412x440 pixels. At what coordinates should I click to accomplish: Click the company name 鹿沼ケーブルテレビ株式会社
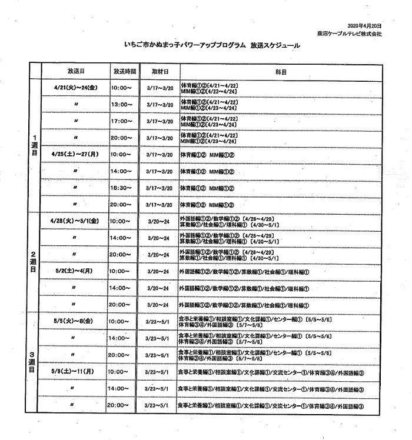(357, 34)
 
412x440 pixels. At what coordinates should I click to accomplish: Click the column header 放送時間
(124, 71)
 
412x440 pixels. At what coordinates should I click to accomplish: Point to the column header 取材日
(160, 71)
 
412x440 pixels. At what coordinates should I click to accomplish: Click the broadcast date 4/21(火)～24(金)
(76, 88)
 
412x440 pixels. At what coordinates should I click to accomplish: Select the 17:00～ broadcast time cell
(122, 121)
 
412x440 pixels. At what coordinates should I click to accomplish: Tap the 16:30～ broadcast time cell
(122, 188)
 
